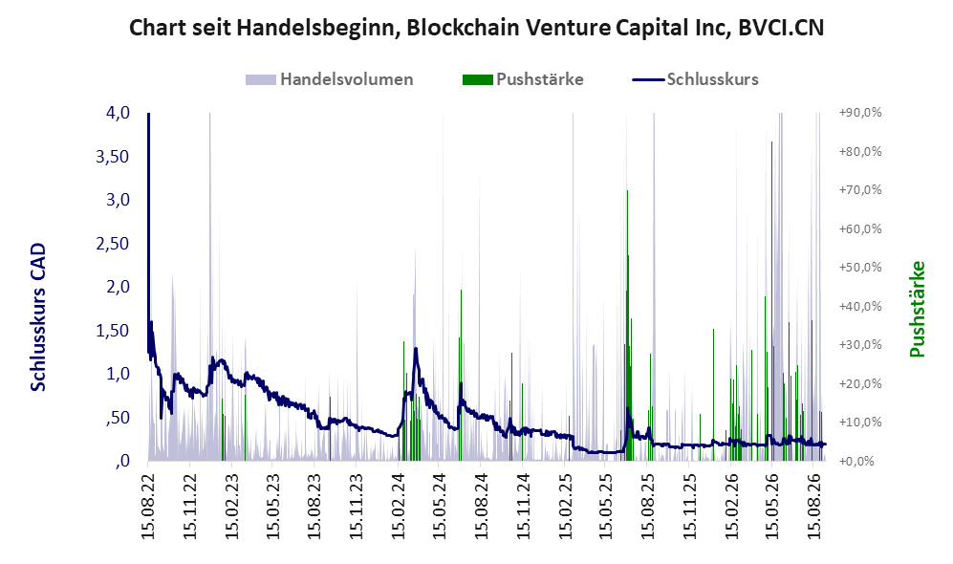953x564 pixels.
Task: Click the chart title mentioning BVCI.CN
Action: pyautogui.click(x=476, y=28)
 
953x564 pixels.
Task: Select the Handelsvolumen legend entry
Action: pyautogui.click(x=330, y=79)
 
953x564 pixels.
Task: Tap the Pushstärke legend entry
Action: pyautogui.click(x=523, y=79)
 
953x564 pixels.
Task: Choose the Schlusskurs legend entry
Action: pyautogui.click(x=695, y=79)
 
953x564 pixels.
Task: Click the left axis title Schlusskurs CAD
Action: pyautogui.click(x=38, y=317)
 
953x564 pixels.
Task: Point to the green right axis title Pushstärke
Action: pyautogui.click(x=917, y=309)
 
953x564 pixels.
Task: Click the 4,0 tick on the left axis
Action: pyautogui.click(x=118, y=113)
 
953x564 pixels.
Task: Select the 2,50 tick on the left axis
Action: pyautogui.click(x=113, y=243)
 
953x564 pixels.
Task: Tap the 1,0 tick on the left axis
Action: pyautogui.click(x=118, y=374)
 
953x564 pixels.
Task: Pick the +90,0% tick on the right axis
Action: pyautogui.click(x=860, y=113)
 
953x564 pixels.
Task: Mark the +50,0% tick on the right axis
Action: pyautogui.click(x=860, y=268)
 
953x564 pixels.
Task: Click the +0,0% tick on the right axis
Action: pyautogui.click(x=856, y=462)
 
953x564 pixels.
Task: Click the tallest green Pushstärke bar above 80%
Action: pyautogui.click(x=772, y=301)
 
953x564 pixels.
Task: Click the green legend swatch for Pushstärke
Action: pyautogui.click(x=477, y=79)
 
